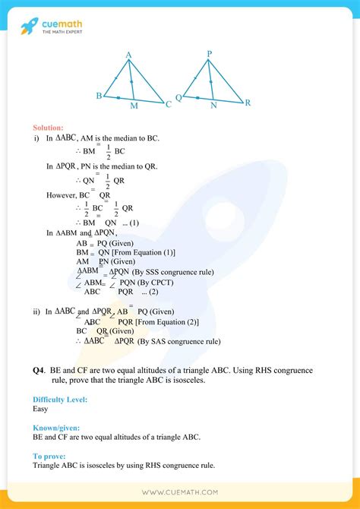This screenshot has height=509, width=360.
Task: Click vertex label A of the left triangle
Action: (x=130, y=54)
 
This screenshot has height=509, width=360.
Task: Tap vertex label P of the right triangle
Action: (x=209, y=54)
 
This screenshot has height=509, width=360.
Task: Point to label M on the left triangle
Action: (x=134, y=106)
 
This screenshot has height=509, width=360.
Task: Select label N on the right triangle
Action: (x=214, y=106)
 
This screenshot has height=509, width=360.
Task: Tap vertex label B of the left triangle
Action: (x=99, y=96)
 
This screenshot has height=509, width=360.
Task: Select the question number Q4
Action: (x=39, y=370)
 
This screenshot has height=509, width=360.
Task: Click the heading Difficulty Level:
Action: (x=59, y=399)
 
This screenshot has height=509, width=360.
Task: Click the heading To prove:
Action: (x=49, y=456)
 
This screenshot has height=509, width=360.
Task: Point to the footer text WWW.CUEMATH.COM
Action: (x=179, y=493)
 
